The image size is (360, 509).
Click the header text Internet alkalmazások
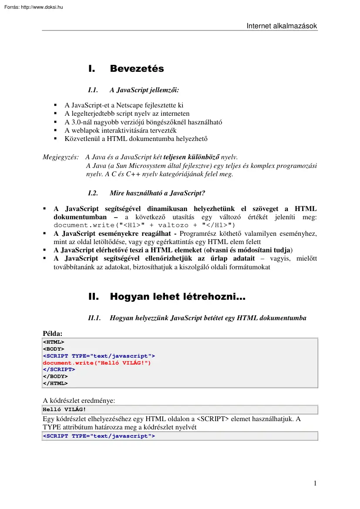tap(282, 26)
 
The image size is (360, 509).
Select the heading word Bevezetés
tap(137, 69)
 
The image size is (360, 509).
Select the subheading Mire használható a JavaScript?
tap(157, 193)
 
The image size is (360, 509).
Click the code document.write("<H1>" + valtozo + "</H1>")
tap(144, 225)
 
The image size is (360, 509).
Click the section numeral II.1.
tap(94, 318)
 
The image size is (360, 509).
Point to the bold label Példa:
tap(53, 333)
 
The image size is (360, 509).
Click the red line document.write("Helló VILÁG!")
tap(97, 362)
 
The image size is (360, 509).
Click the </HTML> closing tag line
tap(55, 383)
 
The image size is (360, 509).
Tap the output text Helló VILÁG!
tap(64, 409)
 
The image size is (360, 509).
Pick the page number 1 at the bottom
tap(315, 483)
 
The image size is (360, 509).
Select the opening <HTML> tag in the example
tap(53, 342)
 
